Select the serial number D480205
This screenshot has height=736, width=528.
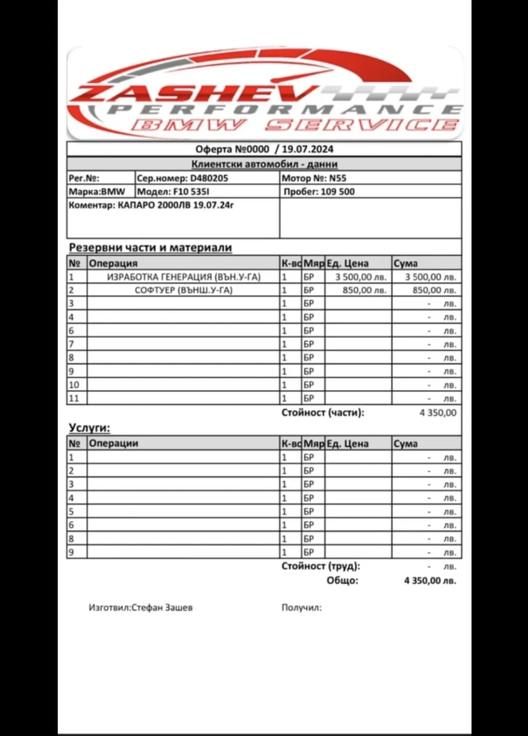click(x=209, y=178)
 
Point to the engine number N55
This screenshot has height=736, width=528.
click(x=338, y=178)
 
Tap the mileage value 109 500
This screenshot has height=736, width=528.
click(x=337, y=191)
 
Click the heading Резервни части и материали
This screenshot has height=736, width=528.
click(x=150, y=248)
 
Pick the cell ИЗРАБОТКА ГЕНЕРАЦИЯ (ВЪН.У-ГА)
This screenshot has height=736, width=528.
click(x=183, y=277)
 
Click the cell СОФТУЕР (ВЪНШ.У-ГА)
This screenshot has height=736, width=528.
click(x=183, y=290)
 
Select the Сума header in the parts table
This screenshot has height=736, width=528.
click(x=405, y=263)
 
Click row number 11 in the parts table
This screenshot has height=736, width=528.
click(x=74, y=398)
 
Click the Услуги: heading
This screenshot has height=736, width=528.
click(x=89, y=428)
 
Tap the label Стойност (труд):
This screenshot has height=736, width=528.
click(x=321, y=566)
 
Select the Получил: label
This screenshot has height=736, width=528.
click(x=302, y=607)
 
